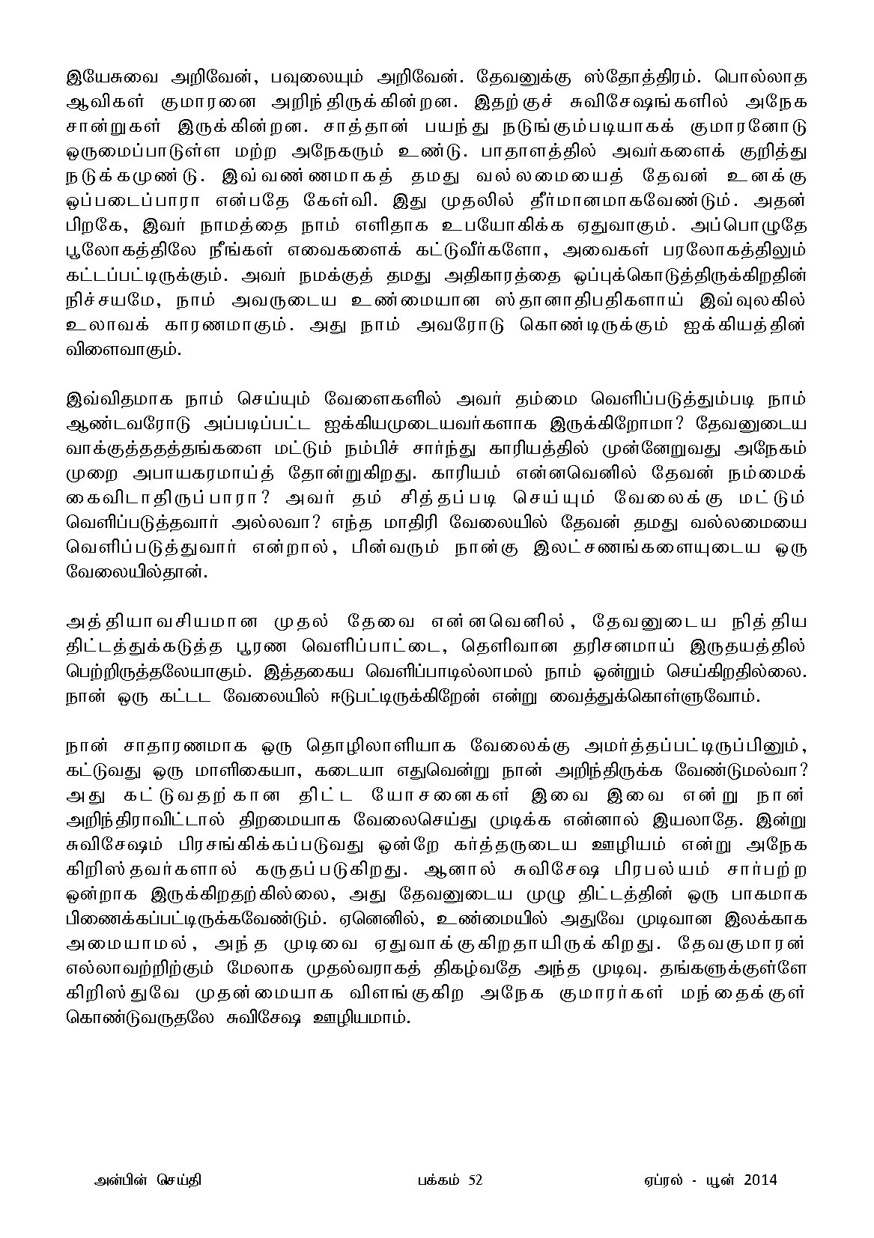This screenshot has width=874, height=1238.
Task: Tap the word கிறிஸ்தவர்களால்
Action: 152,867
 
